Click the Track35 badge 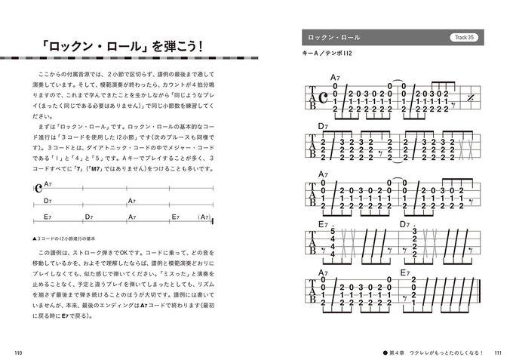tap(463, 37)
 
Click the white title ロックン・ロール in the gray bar tap(330, 37)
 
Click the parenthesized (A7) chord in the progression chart tap(201, 217)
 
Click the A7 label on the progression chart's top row tap(48, 183)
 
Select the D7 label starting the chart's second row tap(48, 200)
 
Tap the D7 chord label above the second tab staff tap(323, 126)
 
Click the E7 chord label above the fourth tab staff tap(323, 224)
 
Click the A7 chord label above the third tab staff tap(323, 175)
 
